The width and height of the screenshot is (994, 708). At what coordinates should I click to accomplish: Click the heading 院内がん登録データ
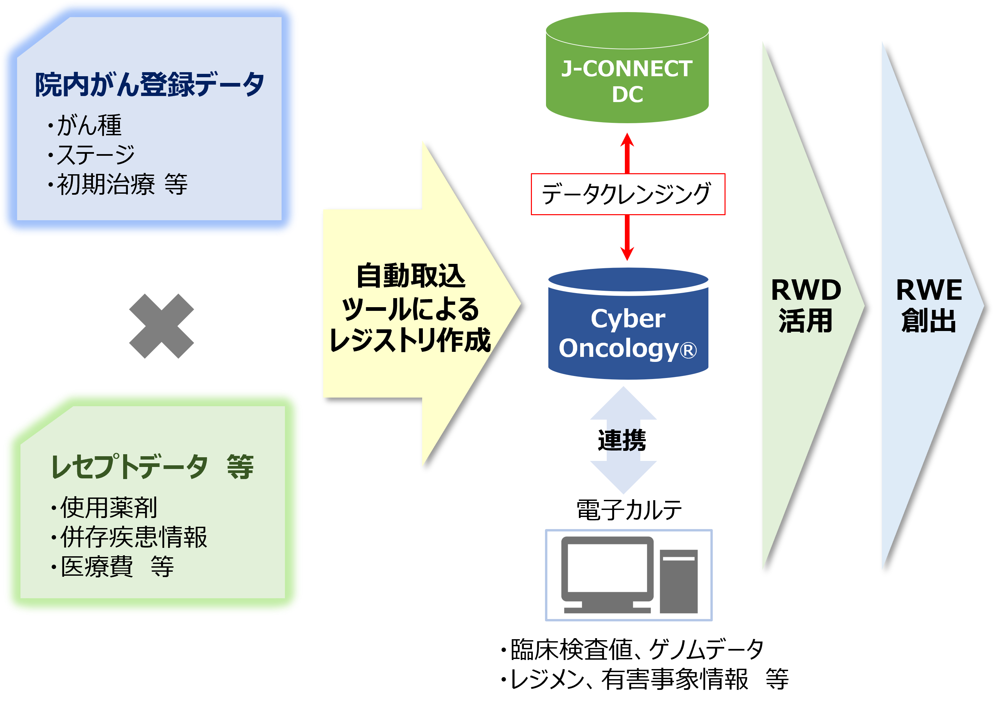(x=149, y=85)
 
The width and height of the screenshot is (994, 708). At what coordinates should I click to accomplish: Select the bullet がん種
(x=89, y=126)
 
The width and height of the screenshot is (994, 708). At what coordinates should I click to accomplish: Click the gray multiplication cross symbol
(x=161, y=326)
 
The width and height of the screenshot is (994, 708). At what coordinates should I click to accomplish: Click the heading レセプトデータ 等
(x=152, y=467)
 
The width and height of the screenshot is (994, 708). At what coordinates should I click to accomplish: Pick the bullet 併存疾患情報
(x=133, y=537)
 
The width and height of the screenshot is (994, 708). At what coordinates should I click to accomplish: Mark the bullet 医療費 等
(x=117, y=567)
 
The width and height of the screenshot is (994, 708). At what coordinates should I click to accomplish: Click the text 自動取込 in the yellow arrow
(x=411, y=276)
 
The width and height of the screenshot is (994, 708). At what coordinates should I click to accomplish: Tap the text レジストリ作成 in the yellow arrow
(x=410, y=340)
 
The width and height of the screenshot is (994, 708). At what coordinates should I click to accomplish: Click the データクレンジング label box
(x=628, y=194)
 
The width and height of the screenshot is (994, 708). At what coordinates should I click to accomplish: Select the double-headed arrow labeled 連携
(x=623, y=440)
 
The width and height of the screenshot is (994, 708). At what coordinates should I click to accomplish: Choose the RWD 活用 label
(x=806, y=305)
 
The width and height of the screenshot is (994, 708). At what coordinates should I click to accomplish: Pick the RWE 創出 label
(x=929, y=305)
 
